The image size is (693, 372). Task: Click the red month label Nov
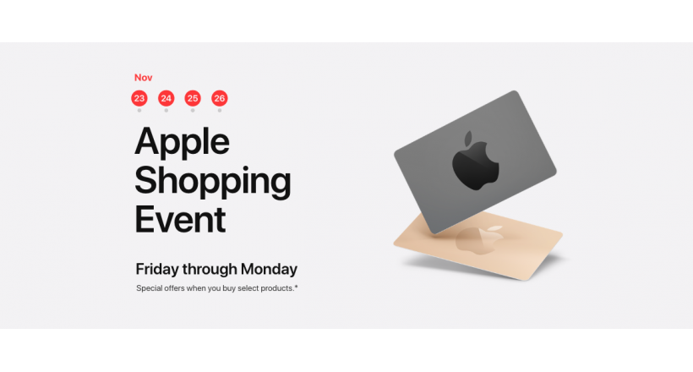point(143,78)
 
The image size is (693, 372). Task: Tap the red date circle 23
point(139,98)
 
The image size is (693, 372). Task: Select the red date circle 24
point(166,98)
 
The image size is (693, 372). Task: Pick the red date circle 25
point(193,98)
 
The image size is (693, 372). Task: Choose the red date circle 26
point(220,98)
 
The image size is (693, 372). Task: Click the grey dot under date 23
point(139,111)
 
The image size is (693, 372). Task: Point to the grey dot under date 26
point(220,111)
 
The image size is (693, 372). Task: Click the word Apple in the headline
point(182,142)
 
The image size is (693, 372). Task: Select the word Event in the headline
point(180,220)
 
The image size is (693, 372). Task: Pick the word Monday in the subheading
point(269,270)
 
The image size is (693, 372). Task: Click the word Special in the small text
point(149,288)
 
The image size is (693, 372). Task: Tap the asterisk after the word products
point(296,287)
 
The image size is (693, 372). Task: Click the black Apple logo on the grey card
point(475,161)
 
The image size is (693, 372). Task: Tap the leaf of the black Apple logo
point(468,138)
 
